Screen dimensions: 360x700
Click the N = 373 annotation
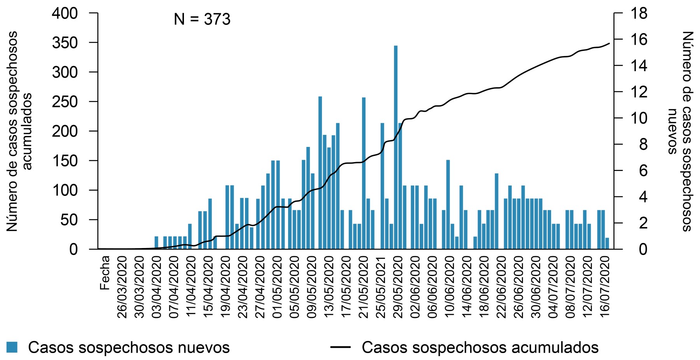[x=202, y=19]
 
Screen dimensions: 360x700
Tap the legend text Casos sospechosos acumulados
[x=480, y=347]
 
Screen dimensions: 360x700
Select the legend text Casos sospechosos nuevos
[x=129, y=347]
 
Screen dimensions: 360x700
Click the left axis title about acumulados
[x=19, y=131]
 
